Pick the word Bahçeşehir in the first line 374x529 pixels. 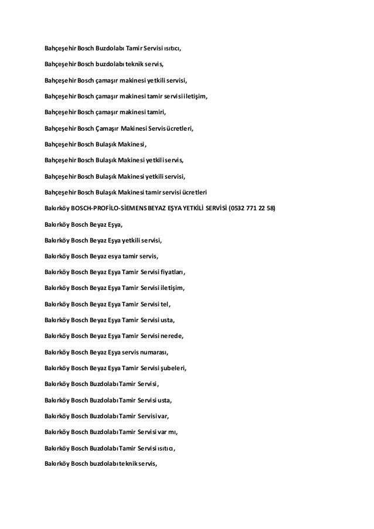[61, 46]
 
